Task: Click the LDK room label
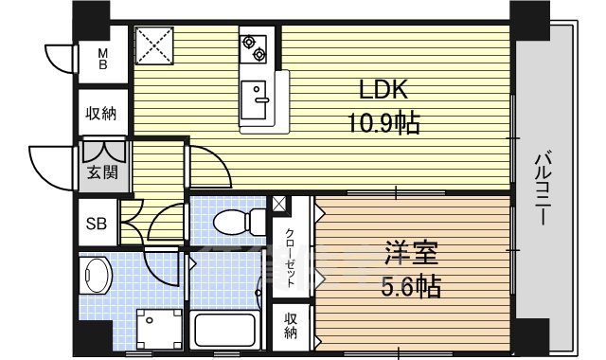pyautogui.click(x=383, y=91)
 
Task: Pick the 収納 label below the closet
pyautogui.click(x=291, y=325)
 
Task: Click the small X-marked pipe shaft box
pyautogui.click(x=279, y=204)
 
